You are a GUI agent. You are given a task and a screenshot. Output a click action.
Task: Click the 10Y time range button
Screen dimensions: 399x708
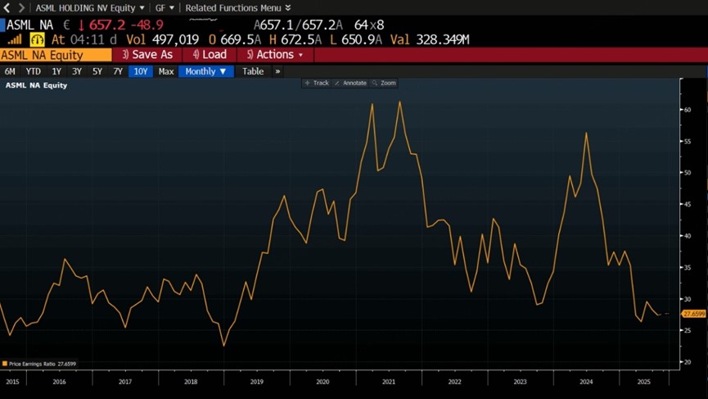(140, 71)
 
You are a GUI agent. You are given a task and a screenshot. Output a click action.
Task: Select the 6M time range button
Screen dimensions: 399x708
(10, 71)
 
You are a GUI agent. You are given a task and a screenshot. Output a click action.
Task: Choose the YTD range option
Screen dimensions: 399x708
(33, 71)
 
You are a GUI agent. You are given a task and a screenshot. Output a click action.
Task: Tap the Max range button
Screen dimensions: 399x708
(166, 71)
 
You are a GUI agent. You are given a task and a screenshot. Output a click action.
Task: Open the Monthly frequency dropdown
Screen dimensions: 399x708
(205, 71)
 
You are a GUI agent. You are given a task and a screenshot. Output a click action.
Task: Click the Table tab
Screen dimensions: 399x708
(253, 71)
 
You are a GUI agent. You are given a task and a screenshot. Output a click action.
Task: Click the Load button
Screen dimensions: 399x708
(210, 55)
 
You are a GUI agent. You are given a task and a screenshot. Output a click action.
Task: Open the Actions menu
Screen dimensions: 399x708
(275, 55)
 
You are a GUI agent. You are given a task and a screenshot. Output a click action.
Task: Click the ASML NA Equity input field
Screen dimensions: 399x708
(56, 55)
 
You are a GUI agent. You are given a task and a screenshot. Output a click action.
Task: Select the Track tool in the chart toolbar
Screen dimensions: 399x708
(317, 83)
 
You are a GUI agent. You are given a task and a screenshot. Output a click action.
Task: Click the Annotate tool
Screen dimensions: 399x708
(350, 83)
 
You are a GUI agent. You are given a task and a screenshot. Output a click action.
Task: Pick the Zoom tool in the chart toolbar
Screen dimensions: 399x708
(384, 83)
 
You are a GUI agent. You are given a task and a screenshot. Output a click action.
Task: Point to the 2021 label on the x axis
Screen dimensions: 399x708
(388, 382)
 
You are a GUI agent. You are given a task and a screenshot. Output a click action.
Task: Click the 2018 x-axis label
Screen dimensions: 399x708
(191, 382)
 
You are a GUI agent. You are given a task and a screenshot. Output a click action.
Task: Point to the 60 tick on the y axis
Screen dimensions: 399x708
(688, 110)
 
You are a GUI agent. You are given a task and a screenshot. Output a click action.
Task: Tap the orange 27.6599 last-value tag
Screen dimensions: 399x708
(693, 314)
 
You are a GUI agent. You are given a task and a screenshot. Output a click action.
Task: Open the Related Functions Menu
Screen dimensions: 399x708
(237, 7)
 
